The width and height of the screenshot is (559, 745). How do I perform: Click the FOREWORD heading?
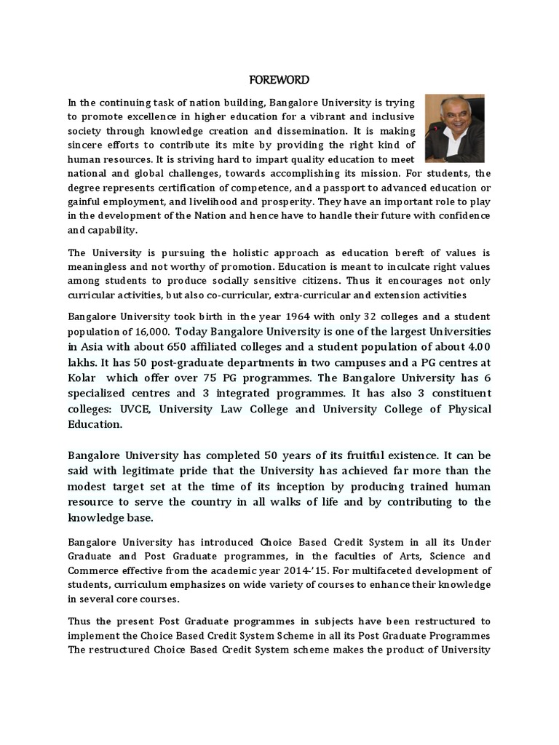point(279,79)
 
